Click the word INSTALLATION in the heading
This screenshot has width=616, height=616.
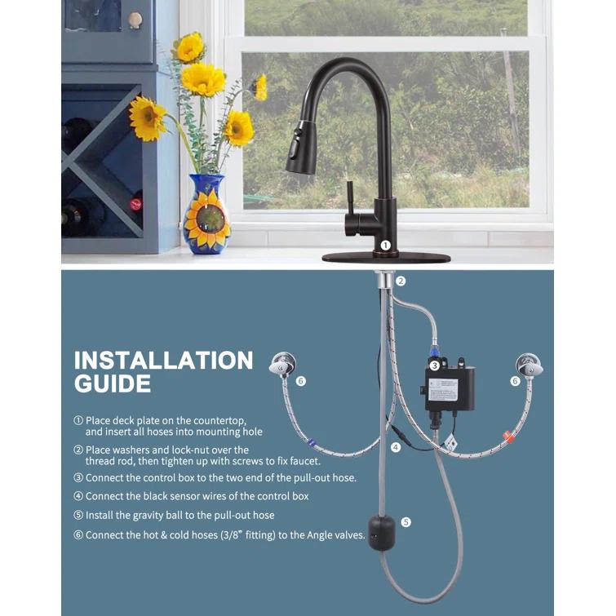163,361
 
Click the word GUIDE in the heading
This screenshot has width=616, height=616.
113,384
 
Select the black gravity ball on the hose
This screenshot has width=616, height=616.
380,533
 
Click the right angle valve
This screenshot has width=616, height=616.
529,365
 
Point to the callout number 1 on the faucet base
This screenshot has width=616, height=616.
385,245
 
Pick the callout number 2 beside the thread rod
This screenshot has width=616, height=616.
401,281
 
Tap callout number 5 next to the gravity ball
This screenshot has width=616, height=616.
406,522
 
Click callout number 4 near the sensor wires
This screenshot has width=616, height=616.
396,447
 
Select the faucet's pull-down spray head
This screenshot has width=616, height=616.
300,152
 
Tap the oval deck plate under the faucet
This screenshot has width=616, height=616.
386,257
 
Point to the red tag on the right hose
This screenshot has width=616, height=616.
509,437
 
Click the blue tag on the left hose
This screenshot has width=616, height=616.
311,442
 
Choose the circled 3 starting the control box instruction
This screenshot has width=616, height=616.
78,478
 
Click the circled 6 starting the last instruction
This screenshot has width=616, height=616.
78,535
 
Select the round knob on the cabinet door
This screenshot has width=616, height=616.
135,20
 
